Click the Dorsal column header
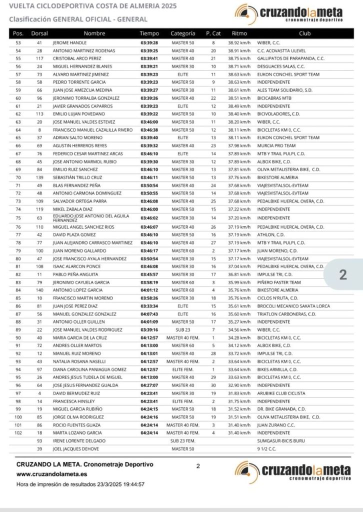(x=39, y=33)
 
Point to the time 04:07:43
(x=149, y=313)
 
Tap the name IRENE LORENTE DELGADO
(x=79, y=440)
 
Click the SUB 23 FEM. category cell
(x=182, y=440)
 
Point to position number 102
(x=18, y=432)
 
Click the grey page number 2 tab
(x=343, y=275)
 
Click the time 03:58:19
(x=149, y=282)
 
